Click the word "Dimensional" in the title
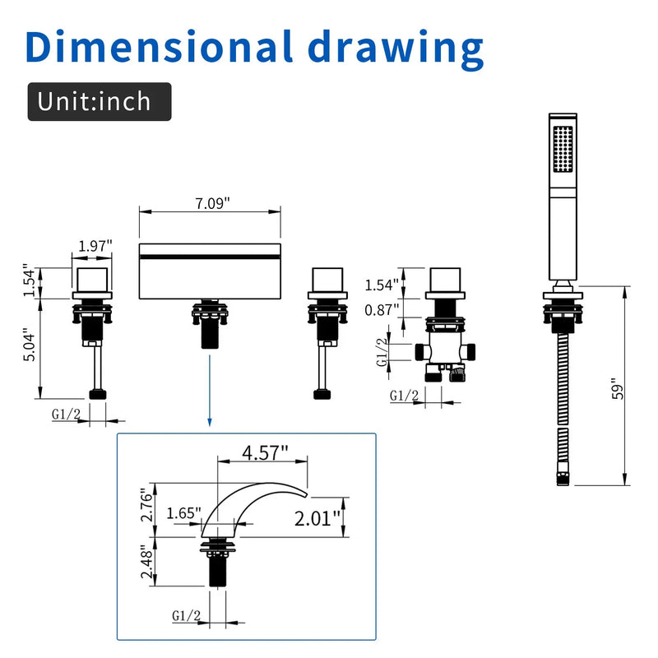(158, 46)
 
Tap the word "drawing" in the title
(396, 49)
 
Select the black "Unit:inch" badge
(100, 101)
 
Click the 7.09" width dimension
(212, 203)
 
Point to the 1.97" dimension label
(95, 246)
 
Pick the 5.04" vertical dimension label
(30, 345)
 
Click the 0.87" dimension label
(382, 310)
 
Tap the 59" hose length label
(618, 389)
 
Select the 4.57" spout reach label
(265, 452)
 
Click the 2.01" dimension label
(317, 519)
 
